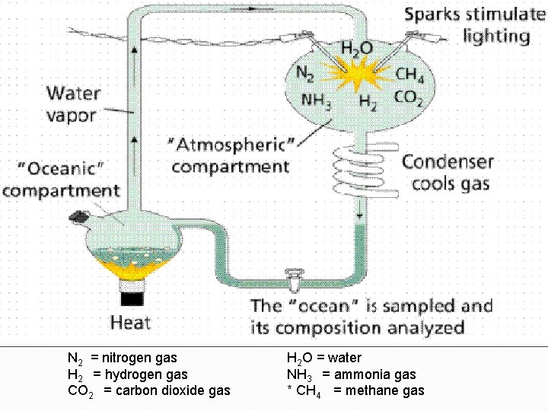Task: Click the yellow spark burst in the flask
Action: pyautogui.click(x=355, y=75)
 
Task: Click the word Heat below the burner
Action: pyautogui.click(x=130, y=322)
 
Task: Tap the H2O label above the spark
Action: pyautogui.click(x=356, y=48)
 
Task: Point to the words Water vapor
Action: pyautogui.click(x=72, y=104)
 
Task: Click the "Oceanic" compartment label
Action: pyautogui.click(x=60, y=177)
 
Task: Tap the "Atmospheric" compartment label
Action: pyautogui.click(x=231, y=155)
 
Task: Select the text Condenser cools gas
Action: pyautogui.click(x=449, y=173)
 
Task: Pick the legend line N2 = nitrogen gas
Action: pyautogui.click(x=122, y=358)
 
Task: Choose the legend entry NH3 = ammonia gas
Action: pyautogui.click(x=351, y=374)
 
